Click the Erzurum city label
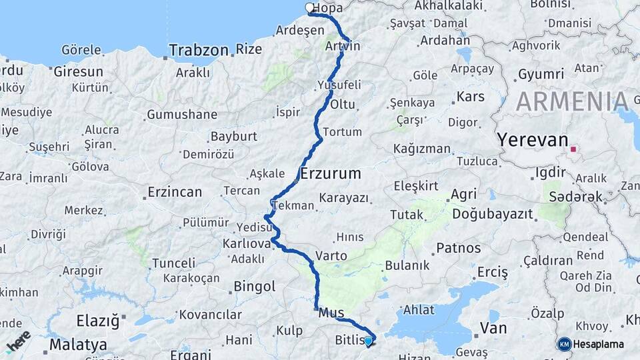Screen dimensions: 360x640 [331, 174]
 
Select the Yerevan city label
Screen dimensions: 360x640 [532, 141]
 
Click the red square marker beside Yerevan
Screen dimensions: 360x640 [573, 149]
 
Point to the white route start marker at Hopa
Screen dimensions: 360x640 [309, 8]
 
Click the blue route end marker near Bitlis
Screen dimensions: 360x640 [368, 341]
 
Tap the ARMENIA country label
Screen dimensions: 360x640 [571, 101]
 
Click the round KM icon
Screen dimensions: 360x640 [564, 344]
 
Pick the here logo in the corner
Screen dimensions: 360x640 [18, 341]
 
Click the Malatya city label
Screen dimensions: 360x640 [78, 345]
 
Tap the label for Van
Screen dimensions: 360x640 [493, 328]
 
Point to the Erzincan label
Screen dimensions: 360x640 [174, 192]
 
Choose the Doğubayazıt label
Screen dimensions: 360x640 [493, 214]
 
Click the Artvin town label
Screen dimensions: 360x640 [343, 46]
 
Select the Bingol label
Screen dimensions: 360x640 [254, 287]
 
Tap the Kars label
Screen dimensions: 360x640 [471, 97]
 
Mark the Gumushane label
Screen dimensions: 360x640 [182, 115]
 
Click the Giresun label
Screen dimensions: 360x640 [79, 71]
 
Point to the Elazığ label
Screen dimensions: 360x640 [97, 321]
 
